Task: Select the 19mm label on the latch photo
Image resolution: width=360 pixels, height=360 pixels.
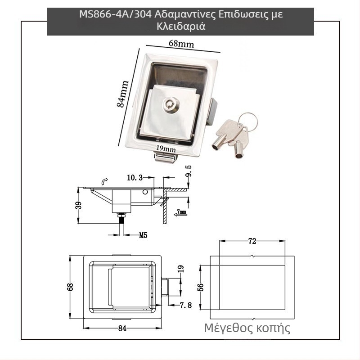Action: point(166,148)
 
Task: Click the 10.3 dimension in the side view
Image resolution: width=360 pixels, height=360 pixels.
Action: point(135,178)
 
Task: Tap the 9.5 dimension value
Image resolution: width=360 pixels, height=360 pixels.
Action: point(188,173)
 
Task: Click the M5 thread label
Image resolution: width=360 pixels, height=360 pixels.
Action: point(143,234)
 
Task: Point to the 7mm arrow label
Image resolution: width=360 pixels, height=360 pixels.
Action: point(181,211)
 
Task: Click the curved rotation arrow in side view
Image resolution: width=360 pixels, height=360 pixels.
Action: point(104,181)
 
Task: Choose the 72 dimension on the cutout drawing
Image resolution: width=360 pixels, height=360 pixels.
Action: point(252,241)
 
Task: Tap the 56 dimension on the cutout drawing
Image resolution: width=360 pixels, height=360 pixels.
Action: point(201,287)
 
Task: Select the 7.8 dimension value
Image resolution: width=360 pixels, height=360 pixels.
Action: point(186,305)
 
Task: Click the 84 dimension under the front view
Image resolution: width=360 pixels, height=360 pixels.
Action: point(122,328)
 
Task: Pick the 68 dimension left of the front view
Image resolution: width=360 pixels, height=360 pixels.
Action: point(70,287)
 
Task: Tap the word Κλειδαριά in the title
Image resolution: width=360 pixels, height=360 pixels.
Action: point(180,26)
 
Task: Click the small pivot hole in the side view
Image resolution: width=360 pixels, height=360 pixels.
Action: point(145,192)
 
